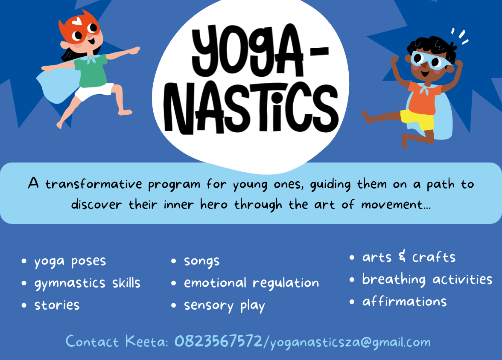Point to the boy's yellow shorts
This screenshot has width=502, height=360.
417,120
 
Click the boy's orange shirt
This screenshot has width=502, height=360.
424,98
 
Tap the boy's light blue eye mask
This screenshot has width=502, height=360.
431,60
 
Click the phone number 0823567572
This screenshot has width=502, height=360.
219,341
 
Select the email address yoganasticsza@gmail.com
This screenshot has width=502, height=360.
350,343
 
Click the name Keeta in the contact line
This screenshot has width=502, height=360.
146,341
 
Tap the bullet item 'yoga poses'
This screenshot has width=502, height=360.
70,261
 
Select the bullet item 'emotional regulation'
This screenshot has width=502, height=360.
251,283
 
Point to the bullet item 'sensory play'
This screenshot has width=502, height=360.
225,306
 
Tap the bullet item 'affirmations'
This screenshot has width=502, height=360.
404,301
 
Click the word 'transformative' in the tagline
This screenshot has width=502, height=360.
93,184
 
